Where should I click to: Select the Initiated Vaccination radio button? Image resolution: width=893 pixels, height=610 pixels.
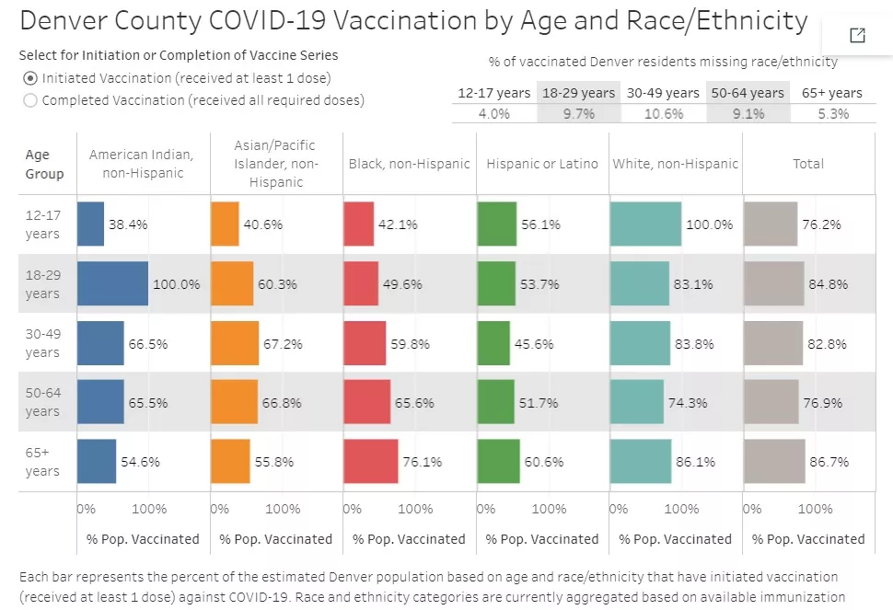pyautogui.click(x=30, y=79)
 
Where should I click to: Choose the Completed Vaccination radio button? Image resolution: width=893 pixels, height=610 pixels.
pyautogui.click(x=30, y=100)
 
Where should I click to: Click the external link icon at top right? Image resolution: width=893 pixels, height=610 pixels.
pyautogui.click(x=857, y=35)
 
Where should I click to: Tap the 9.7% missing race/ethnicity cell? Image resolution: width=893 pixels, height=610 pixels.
pyautogui.click(x=578, y=114)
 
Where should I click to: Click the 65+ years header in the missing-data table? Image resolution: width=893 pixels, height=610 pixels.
pyautogui.click(x=832, y=93)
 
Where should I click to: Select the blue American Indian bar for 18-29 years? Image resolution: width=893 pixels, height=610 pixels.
pyautogui.click(x=112, y=283)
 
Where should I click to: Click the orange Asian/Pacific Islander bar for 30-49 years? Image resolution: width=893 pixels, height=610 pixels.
pyautogui.click(x=235, y=343)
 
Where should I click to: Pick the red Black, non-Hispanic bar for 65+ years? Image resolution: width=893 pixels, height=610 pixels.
pyautogui.click(x=371, y=461)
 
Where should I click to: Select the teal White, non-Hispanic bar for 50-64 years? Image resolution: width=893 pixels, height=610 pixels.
pyautogui.click(x=637, y=402)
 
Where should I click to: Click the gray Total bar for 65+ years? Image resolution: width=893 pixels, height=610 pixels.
pyautogui.click(x=774, y=461)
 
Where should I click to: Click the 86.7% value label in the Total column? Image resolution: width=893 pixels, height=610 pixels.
pyautogui.click(x=829, y=462)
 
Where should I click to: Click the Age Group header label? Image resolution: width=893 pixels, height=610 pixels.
pyautogui.click(x=44, y=164)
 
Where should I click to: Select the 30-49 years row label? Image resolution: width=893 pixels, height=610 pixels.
pyautogui.click(x=42, y=343)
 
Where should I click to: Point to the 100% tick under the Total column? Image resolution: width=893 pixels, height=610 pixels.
pyautogui.click(x=816, y=509)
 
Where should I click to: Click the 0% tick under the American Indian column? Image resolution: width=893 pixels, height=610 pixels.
pyautogui.click(x=86, y=509)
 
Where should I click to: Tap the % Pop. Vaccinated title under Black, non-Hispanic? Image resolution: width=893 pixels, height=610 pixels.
pyautogui.click(x=409, y=539)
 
